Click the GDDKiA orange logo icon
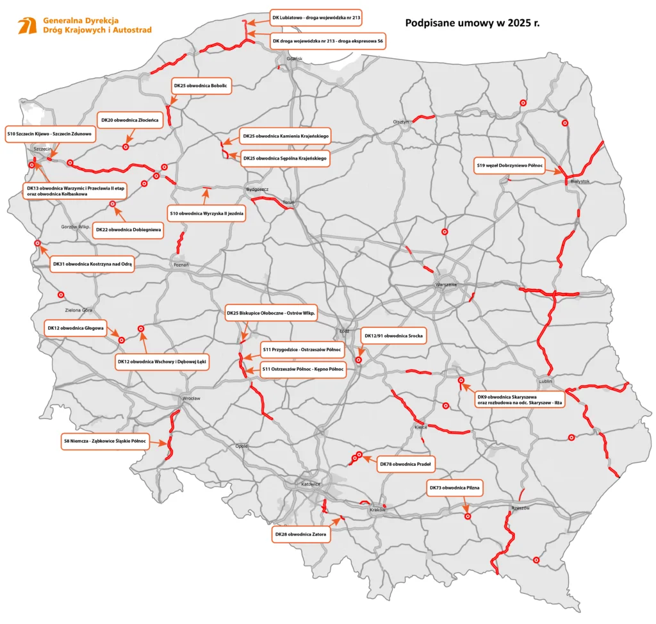(x=28, y=25)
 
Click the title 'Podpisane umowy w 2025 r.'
(x=473, y=23)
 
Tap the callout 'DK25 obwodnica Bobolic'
(x=201, y=85)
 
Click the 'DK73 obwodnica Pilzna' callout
(x=454, y=488)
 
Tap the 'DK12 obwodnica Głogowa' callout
(x=76, y=327)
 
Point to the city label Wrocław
(x=191, y=398)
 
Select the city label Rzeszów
(x=520, y=508)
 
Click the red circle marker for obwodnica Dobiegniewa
(x=113, y=204)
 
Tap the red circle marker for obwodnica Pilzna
(x=468, y=516)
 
